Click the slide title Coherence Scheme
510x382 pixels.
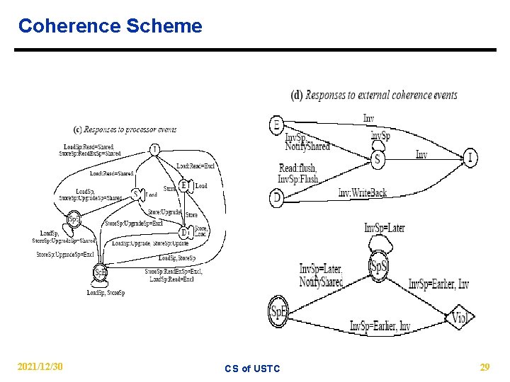110,26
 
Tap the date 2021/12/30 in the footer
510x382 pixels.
40,366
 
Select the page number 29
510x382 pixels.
484,366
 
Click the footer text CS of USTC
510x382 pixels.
252,368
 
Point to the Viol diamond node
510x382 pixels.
460,318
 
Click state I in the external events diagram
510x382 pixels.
470,157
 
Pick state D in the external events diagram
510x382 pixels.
276,199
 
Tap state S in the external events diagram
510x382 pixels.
378,159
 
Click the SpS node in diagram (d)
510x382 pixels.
379,266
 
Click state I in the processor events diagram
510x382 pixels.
154,149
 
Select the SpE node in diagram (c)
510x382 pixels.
101,272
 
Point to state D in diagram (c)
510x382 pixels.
183,232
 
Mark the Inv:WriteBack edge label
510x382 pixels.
362,192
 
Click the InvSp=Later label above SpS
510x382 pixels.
385,228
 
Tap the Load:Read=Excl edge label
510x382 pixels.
195,166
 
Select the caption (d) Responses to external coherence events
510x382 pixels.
374,95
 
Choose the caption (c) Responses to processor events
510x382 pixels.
125,129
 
